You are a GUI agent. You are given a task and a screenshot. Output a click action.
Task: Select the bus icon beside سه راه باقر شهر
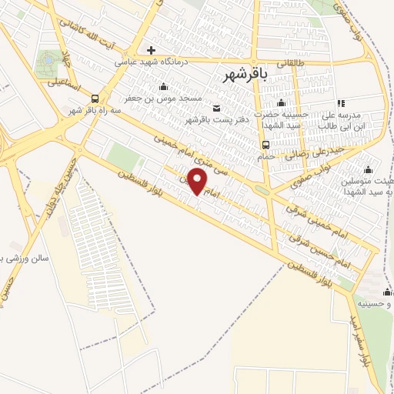(95, 98)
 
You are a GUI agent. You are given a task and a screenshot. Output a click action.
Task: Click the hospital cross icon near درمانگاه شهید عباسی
(151, 51)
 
